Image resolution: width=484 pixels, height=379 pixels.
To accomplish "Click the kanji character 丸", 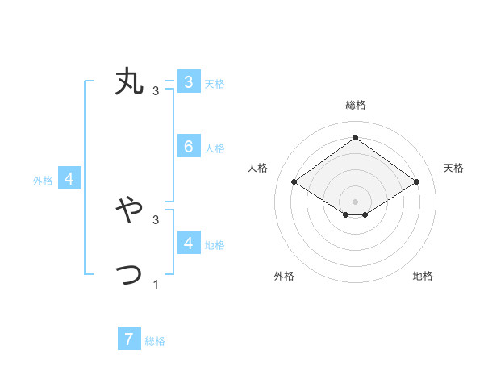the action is (129, 82).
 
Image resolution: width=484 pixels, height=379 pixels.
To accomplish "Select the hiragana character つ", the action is (129, 275).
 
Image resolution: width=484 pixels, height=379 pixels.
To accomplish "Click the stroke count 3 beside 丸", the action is (156, 90).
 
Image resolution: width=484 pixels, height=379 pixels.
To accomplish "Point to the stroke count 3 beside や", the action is (156, 219).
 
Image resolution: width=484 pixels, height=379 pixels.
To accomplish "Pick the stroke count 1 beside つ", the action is (156, 284).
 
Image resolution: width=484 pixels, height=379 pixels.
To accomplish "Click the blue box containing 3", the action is (188, 81).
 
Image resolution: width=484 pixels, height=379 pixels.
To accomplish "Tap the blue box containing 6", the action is (188, 146).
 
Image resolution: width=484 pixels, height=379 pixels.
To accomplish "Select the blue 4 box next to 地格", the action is (188, 243).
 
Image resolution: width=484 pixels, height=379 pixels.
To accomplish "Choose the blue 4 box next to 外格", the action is (69, 179).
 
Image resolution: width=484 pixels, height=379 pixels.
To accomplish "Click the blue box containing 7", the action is (129, 339).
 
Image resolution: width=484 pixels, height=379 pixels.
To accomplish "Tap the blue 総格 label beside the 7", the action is (155, 341).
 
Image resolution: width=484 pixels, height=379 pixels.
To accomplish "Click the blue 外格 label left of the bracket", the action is (43, 181).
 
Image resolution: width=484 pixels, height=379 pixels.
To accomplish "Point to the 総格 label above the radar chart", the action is (355, 105).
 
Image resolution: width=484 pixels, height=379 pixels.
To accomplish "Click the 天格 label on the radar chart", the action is (453, 168).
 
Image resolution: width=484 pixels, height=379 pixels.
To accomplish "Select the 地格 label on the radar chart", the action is (423, 276).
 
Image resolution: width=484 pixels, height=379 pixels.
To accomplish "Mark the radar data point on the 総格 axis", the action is (355, 137).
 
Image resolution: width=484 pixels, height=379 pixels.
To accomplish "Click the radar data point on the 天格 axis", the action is (416, 182).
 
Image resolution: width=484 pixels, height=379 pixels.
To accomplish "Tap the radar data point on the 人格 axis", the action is (294, 182).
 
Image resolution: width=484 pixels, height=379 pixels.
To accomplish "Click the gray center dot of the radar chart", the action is (355, 201).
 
